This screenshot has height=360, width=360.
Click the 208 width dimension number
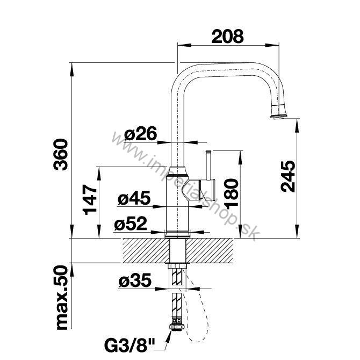[x=227, y=37]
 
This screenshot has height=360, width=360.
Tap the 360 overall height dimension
[x=61, y=154]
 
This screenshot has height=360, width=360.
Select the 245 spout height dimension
[x=288, y=176]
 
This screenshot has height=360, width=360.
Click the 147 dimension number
[x=90, y=199]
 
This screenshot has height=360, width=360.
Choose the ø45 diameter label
[x=134, y=198]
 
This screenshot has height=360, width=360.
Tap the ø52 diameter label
[x=131, y=224]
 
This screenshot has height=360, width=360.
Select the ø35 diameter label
[x=135, y=280]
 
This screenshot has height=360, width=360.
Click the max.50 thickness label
[x=62, y=298]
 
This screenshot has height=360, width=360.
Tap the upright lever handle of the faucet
[x=208, y=165]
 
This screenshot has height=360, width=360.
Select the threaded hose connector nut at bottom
[x=176, y=327]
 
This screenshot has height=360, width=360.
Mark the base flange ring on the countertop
[x=177, y=235]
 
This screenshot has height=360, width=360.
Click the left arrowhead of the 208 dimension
[x=184, y=45]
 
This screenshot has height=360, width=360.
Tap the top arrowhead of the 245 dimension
[x=297, y=126]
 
